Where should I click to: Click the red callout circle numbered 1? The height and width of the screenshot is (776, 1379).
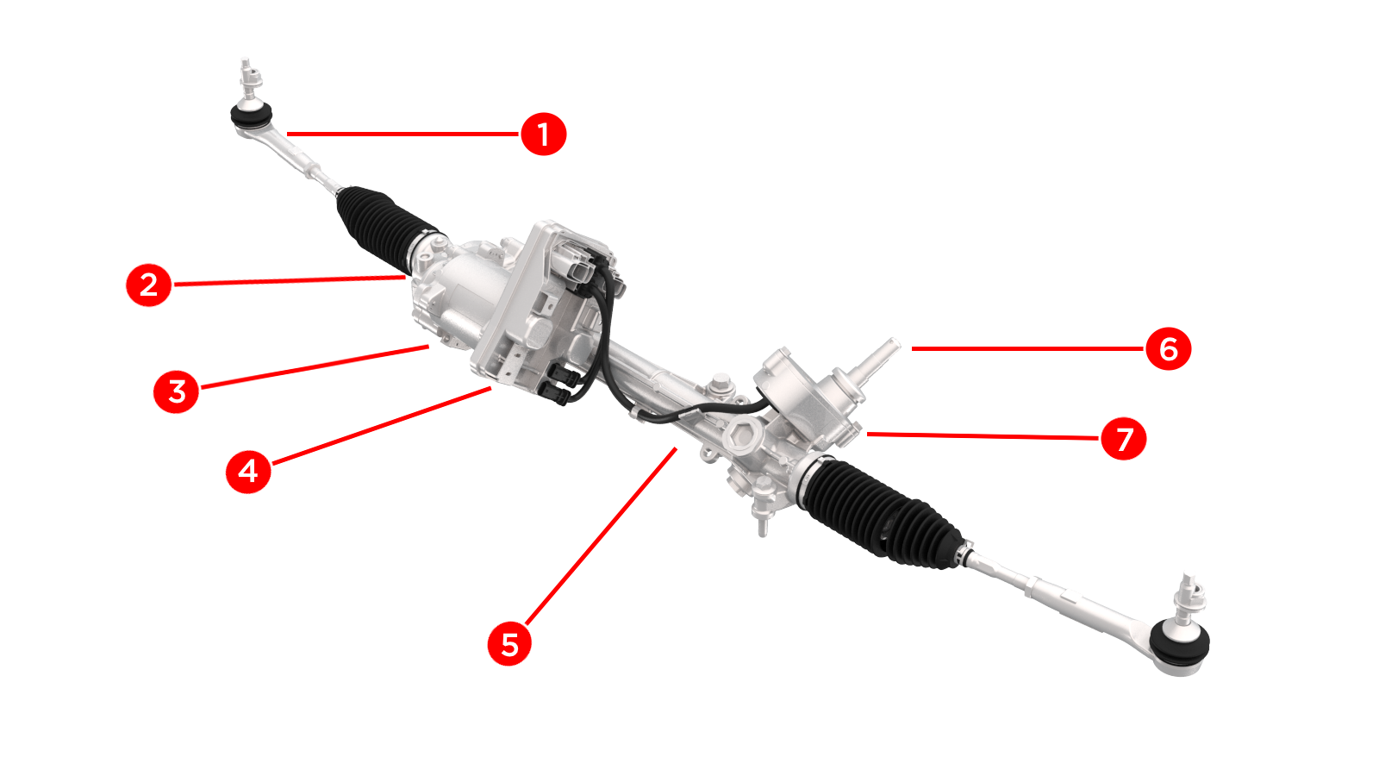pyautogui.click(x=543, y=134)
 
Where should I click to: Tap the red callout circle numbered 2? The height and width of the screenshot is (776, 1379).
pyautogui.click(x=148, y=285)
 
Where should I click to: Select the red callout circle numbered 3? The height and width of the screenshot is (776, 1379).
pyautogui.click(x=176, y=391)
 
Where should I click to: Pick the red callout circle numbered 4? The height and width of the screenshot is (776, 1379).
pyautogui.click(x=248, y=471)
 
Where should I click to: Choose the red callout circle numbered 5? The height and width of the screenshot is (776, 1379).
pyautogui.click(x=509, y=643)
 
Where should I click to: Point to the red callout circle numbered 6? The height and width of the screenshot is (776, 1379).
pyautogui.click(x=1169, y=348)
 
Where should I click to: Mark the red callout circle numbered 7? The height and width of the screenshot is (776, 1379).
pyautogui.click(x=1124, y=439)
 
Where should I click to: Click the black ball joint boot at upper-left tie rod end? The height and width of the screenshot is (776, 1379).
pyautogui.click(x=251, y=116)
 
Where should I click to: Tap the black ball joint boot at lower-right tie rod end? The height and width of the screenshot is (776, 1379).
pyautogui.click(x=1180, y=643)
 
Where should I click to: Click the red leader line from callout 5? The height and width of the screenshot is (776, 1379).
pyautogui.click(x=602, y=536)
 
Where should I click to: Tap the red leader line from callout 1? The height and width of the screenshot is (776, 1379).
pyautogui.click(x=402, y=134)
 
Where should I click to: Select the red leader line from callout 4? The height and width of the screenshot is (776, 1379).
pyautogui.click(x=382, y=426)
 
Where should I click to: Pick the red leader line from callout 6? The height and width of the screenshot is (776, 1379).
pyautogui.click(x=1027, y=348)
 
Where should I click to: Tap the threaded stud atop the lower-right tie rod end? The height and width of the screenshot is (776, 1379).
pyautogui.click(x=1189, y=598)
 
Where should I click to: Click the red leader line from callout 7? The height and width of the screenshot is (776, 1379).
pyautogui.click(x=983, y=436)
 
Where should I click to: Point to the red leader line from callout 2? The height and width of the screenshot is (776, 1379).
pyautogui.click(x=290, y=281)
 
